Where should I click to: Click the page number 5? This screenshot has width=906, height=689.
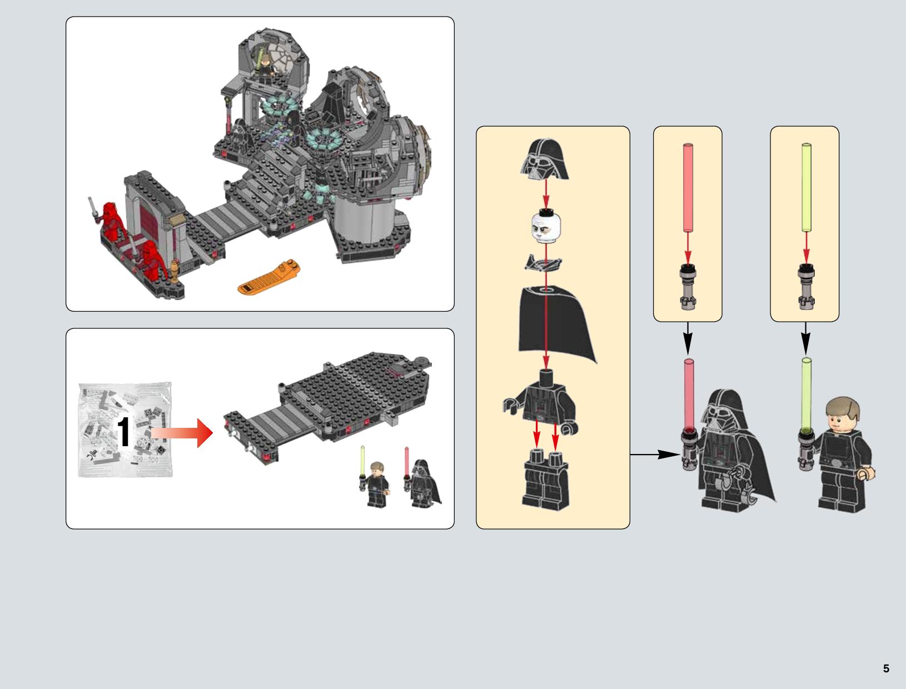[886, 668]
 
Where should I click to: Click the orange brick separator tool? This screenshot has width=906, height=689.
[268, 276]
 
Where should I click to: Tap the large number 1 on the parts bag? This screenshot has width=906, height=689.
[123, 432]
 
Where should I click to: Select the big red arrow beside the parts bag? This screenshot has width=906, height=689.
[182, 433]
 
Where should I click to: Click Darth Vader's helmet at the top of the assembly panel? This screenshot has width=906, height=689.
[545, 159]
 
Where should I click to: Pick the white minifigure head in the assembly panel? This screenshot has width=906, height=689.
[546, 226]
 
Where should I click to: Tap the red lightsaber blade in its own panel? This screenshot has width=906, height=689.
[688, 187]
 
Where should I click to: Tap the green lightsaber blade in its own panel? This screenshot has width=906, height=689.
[806, 187]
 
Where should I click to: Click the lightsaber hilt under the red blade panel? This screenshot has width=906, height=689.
[688, 286]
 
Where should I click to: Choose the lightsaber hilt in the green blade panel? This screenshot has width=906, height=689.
[806, 286]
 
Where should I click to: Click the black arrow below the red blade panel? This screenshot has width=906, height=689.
[688, 338]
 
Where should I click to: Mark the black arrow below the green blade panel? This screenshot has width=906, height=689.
[806, 338]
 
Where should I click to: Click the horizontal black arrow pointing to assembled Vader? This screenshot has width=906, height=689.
[655, 455]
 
